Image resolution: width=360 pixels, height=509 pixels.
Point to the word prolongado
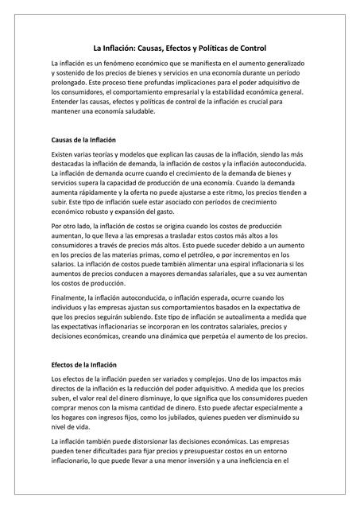pyautogui.click(x=72, y=82)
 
